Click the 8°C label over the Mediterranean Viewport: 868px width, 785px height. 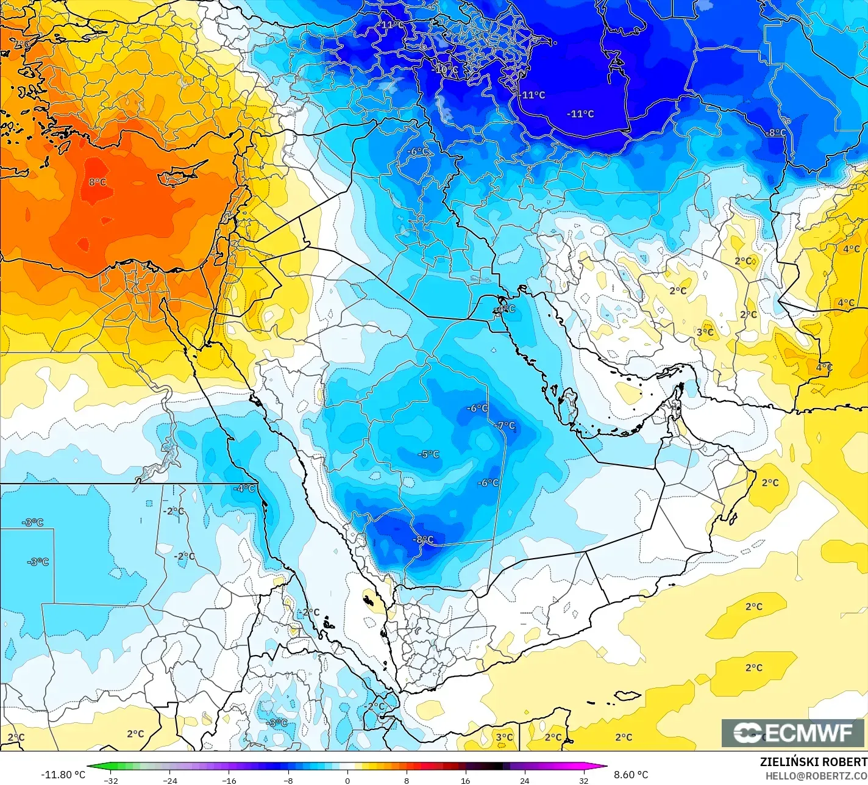(x=97, y=182)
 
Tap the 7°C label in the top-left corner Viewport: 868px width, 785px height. (x=22, y=45)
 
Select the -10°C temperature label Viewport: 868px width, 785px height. (x=445, y=70)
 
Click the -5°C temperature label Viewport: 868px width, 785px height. (x=428, y=454)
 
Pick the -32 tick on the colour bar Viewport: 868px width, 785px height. (x=110, y=780)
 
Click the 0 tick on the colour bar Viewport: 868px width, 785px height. (x=347, y=780)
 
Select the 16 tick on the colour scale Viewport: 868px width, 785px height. (x=465, y=780)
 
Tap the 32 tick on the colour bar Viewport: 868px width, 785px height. (x=583, y=780)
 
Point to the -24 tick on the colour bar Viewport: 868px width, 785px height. (x=169, y=780)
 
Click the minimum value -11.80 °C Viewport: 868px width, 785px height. (x=63, y=775)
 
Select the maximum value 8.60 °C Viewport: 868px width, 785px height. (x=631, y=775)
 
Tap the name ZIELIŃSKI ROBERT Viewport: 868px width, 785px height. (x=813, y=762)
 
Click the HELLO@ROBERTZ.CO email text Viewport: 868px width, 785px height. (x=817, y=775)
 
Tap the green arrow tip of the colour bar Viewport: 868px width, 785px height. (x=90, y=767)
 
